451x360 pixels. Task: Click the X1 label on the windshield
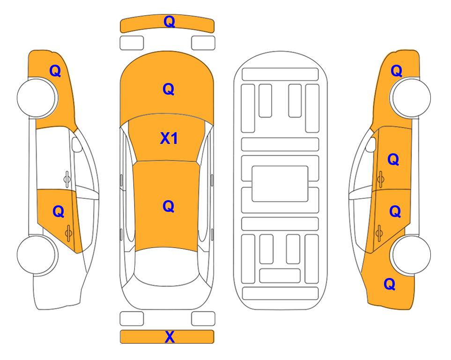pyautogui.click(x=169, y=138)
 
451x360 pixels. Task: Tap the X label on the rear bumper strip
pyautogui.click(x=170, y=337)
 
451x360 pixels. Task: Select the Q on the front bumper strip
pyautogui.click(x=169, y=22)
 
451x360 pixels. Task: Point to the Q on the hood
pyautogui.click(x=169, y=89)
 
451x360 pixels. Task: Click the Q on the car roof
pyautogui.click(x=168, y=206)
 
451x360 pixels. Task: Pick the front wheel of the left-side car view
pyautogui.click(x=37, y=97)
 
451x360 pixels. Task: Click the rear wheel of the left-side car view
pyautogui.click(x=37, y=255)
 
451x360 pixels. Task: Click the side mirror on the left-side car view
pyautogui.click(x=77, y=144)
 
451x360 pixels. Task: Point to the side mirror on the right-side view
pyautogui.click(x=371, y=144)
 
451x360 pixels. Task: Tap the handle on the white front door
pyautogui.click(x=67, y=179)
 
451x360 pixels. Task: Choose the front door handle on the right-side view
pyautogui.click(x=381, y=179)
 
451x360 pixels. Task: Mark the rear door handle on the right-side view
pyautogui.click(x=379, y=232)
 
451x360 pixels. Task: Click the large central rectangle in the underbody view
pyautogui.click(x=280, y=184)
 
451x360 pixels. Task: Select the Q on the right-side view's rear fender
pyautogui.click(x=390, y=284)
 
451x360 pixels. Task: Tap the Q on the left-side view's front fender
pyautogui.click(x=55, y=71)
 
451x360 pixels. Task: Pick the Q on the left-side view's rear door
pyautogui.click(x=59, y=211)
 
